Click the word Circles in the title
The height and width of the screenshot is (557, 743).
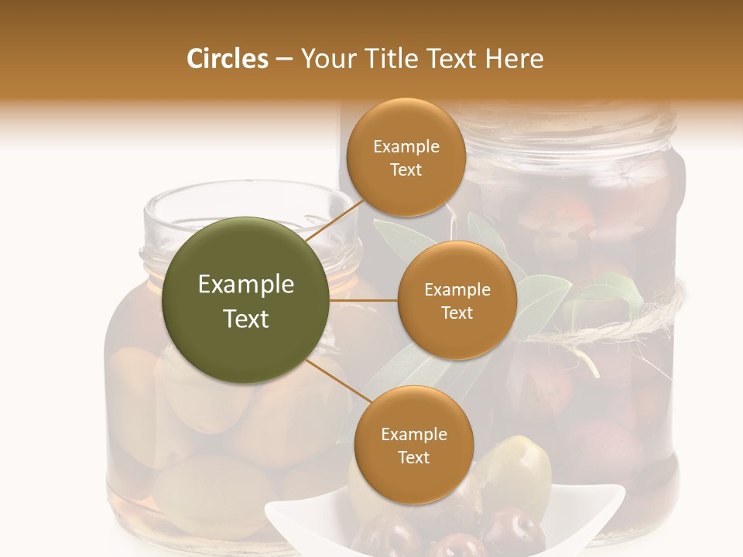tap(227, 59)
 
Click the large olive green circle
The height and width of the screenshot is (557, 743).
tap(246, 300)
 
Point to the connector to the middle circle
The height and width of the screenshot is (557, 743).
tap(363, 300)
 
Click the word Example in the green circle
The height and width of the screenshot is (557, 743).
tap(246, 285)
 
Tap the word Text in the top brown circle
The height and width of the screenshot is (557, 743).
tap(406, 170)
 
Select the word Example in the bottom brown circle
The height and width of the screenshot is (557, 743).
tap(413, 434)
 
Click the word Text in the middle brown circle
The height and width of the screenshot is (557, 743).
tap(457, 313)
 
